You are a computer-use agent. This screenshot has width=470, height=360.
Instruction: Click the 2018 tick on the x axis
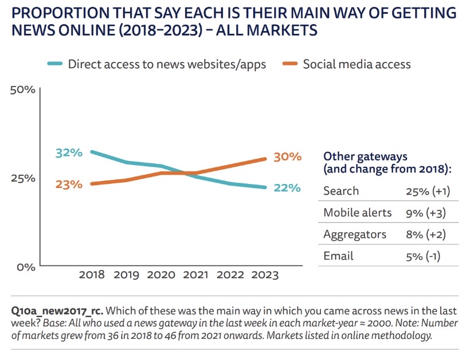[x=92, y=275]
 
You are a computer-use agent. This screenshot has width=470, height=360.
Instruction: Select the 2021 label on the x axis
[x=196, y=275]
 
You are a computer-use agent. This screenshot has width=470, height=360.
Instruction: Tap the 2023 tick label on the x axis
[x=265, y=275]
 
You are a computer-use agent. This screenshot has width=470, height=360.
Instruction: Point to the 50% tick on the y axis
[x=23, y=90]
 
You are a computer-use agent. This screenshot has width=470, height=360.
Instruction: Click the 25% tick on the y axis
[x=23, y=178]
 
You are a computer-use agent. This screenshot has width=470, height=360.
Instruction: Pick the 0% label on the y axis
[x=25, y=267]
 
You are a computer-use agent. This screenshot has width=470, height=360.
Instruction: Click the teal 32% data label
[x=69, y=152]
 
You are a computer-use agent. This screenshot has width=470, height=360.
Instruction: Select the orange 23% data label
[x=69, y=184]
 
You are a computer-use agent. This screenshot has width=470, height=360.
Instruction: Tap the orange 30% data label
[x=287, y=156]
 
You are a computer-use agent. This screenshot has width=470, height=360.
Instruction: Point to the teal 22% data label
[x=287, y=187]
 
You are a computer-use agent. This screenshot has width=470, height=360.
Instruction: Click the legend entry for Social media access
[x=357, y=64]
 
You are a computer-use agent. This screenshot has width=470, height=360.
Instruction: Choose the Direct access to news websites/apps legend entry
[x=167, y=64]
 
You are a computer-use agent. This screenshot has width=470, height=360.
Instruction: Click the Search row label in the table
[x=341, y=191]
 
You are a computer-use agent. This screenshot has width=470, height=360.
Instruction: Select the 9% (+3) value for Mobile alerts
[x=425, y=213]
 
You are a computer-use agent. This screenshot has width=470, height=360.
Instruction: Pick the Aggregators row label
[x=355, y=234]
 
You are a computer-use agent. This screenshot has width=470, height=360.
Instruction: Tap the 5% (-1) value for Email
[x=422, y=256]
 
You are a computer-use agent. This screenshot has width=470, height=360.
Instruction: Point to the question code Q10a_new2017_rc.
[x=57, y=311]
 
